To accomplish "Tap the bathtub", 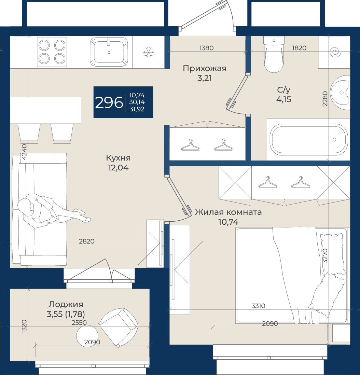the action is tap(309, 139).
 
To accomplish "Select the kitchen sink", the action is tap(109, 52).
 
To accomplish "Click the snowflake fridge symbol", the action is tap(149, 52).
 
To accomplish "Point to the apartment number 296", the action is tap(109, 102).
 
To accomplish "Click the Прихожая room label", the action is tap(205, 68).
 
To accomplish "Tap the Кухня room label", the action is tap(118, 158).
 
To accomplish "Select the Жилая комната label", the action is tap(228, 212).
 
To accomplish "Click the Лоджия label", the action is tap(66, 304).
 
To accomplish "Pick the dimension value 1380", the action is tap(206, 48).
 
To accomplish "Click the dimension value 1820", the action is tap(299, 48).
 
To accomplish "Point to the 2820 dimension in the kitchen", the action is tap(87, 241).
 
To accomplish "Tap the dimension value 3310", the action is tap(258, 306).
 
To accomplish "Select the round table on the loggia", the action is tap(87, 336).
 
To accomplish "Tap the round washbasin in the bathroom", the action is tap(341, 92).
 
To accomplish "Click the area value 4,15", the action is tap(284, 99).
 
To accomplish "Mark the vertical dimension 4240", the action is tap(24, 152).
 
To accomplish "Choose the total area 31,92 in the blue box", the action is tap(137, 109).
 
